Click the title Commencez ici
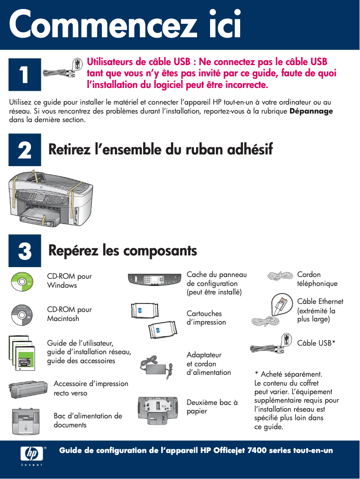click(x=125, y=26)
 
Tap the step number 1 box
click(x=25, y=75)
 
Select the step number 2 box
click(x=25, y=150)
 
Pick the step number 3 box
click(x=25, y=250)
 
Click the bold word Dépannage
click(x=311, y=111)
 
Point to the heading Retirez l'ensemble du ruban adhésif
click(x=160, y=149)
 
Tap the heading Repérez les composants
click(x=123, y=250)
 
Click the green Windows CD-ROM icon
click(x=22, y=281)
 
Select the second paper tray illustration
click(x=160, y=410)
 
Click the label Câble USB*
click(x=316, y=343)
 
